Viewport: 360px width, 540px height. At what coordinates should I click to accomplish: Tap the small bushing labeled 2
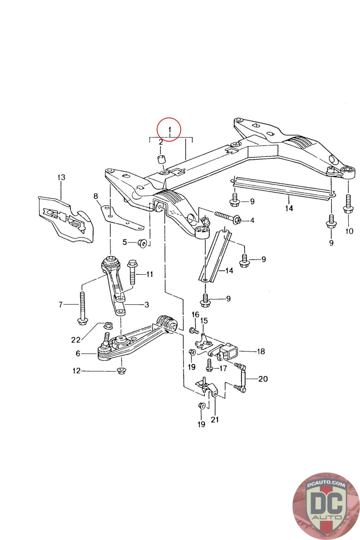pos(161,159)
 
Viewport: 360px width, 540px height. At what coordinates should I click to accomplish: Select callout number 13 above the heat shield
pos(61,178)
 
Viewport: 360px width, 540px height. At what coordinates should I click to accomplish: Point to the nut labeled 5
pos(142,243)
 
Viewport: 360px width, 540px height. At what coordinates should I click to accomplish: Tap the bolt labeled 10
pos(348,204)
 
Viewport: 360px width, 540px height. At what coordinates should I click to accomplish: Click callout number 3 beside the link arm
pos(146,305)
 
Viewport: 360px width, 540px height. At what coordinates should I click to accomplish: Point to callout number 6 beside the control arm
pos(78,354)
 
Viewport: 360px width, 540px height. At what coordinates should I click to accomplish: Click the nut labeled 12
pos(121,371)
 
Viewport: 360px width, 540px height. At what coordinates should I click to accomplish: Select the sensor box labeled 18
pos(229,352)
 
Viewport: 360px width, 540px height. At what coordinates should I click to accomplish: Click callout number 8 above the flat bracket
pos(96,196)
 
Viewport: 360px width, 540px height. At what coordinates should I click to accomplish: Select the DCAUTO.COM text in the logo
pos(326,484)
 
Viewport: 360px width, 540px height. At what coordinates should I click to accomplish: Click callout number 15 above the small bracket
pos(204,321)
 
